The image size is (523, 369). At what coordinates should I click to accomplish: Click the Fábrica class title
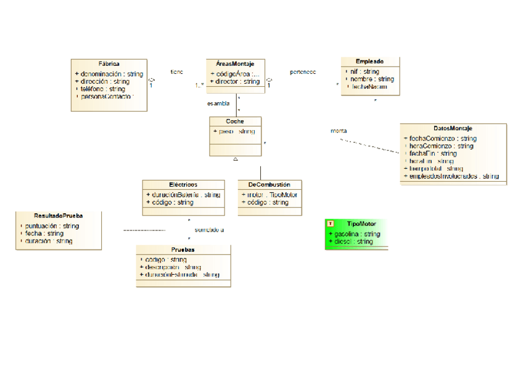coord(109,63)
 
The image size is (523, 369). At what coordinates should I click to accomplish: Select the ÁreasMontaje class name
coord(235,63)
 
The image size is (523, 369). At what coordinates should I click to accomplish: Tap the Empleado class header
coord(370,62)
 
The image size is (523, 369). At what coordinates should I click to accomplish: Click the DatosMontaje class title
coord(453,128)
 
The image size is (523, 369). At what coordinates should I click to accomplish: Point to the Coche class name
coord(235,121)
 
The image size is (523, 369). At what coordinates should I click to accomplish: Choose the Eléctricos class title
coord(183,184)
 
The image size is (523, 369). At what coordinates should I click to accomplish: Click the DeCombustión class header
coord(270,184)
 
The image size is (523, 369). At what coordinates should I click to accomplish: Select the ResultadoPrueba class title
coord(59,216)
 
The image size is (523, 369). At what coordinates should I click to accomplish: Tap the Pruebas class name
coord(183,249)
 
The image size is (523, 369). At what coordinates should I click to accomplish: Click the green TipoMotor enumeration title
coord(361,224)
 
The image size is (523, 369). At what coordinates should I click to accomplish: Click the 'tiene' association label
coord(176,72)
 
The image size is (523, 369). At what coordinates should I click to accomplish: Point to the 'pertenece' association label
coord(303,72)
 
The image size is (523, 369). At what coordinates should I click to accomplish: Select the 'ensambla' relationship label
coord(218,103)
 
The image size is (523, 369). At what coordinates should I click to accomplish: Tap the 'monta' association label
coord(339,131)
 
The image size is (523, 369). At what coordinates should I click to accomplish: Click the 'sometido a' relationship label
coord(209,230)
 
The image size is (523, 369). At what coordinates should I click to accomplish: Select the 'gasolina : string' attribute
coord(356,234)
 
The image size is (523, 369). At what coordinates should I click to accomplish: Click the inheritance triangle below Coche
coord(236,159)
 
